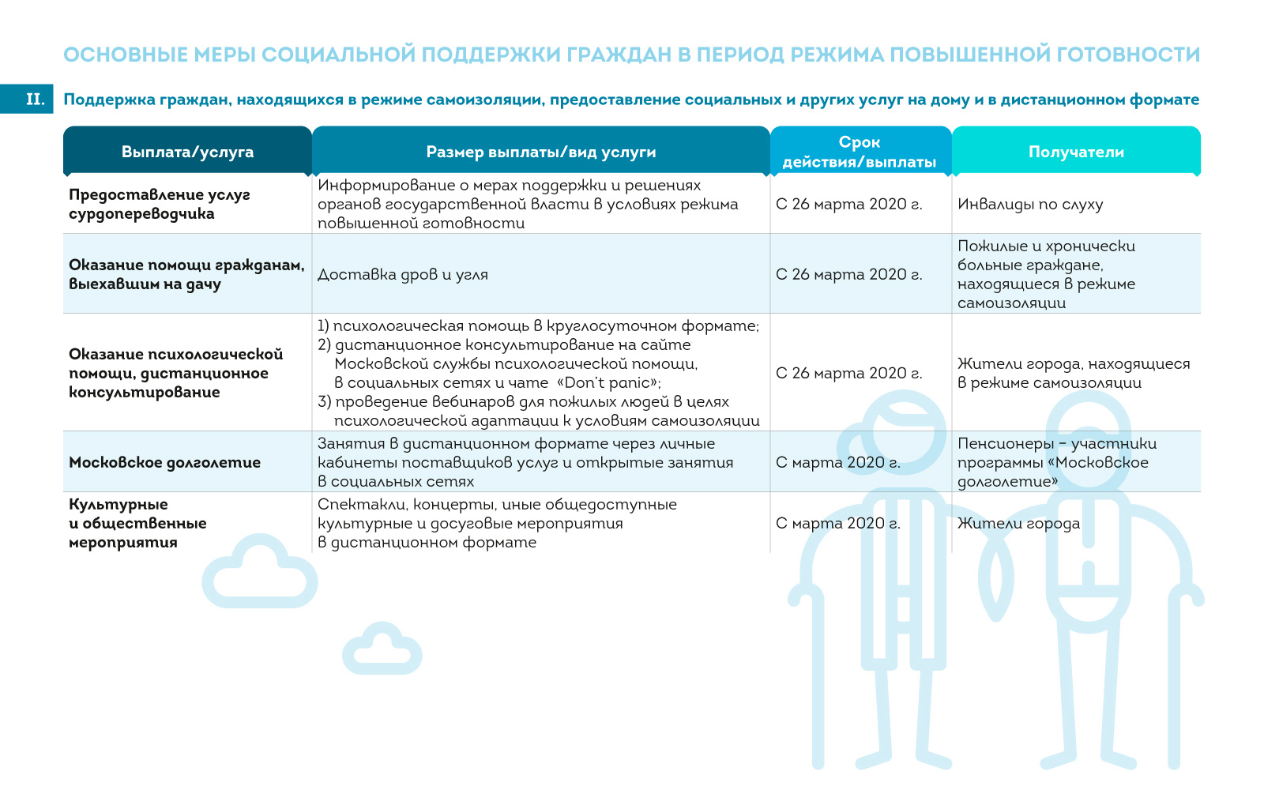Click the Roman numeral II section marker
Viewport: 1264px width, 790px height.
pos(35,100)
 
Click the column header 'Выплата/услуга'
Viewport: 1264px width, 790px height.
pos(187,152)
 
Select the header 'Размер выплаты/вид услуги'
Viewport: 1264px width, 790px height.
pos(541,152)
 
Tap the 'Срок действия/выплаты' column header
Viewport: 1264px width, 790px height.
pos(860,152)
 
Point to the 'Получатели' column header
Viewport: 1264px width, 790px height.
pos(1076,152)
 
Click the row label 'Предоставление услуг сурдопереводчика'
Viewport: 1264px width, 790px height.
pos(159,204)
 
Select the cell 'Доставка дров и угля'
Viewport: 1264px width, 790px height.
pos(403,274)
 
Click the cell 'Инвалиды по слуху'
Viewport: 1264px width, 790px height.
pos(1030,204)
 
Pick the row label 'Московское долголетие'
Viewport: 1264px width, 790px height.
pos(164,462)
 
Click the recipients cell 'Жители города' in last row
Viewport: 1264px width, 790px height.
pos(1018,523)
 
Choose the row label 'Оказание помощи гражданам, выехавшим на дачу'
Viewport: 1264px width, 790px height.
pos(186,274)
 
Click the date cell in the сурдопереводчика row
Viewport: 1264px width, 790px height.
pos(848,204)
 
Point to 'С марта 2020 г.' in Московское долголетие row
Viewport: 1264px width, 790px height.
pos(837,462)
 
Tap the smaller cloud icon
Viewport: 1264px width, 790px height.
pos(382,650)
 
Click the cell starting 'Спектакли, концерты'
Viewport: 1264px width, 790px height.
pos(497,523)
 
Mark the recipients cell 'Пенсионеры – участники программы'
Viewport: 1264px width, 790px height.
pos(1056,462)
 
